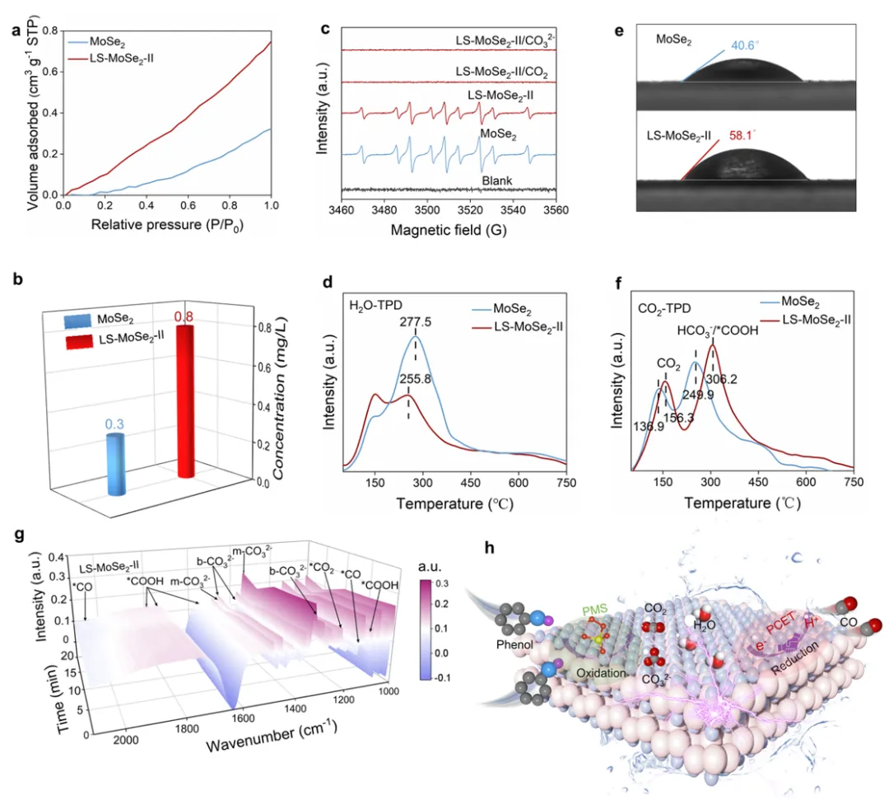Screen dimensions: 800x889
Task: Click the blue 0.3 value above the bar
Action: tap(113, 424)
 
